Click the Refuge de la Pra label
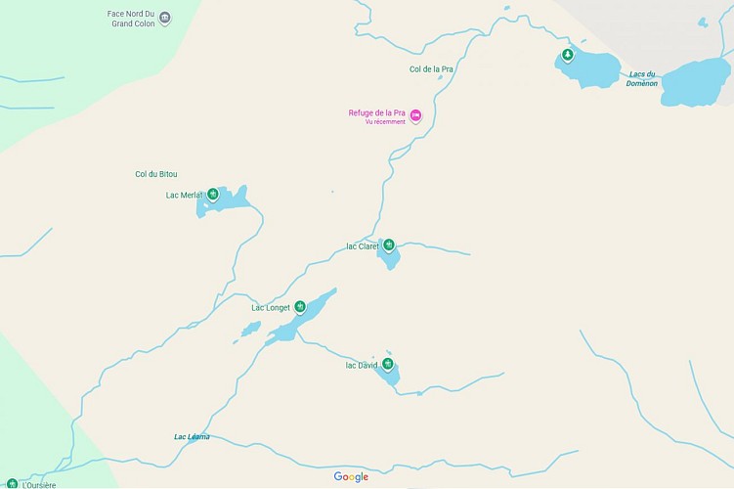click(377, 112)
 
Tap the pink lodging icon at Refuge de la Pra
click(415, 116)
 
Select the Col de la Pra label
click(431, 69)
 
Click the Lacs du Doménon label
click(642, 78)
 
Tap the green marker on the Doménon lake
click(567, 56)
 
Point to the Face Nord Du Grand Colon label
click(131, 19)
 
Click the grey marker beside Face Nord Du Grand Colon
click(164, 19)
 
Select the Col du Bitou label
click(156, 174)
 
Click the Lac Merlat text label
click(184, 195)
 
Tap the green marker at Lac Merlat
click(212, 195)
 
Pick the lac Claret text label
click(362, 246)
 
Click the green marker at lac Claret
click(388, 244)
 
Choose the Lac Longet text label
click(271, 308)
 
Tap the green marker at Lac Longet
click(300, 307)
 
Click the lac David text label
click(361, 366)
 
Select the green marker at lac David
click(388, 365)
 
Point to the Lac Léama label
click(192, 436)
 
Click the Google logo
click(351, 477)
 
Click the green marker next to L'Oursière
click(12, 483)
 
